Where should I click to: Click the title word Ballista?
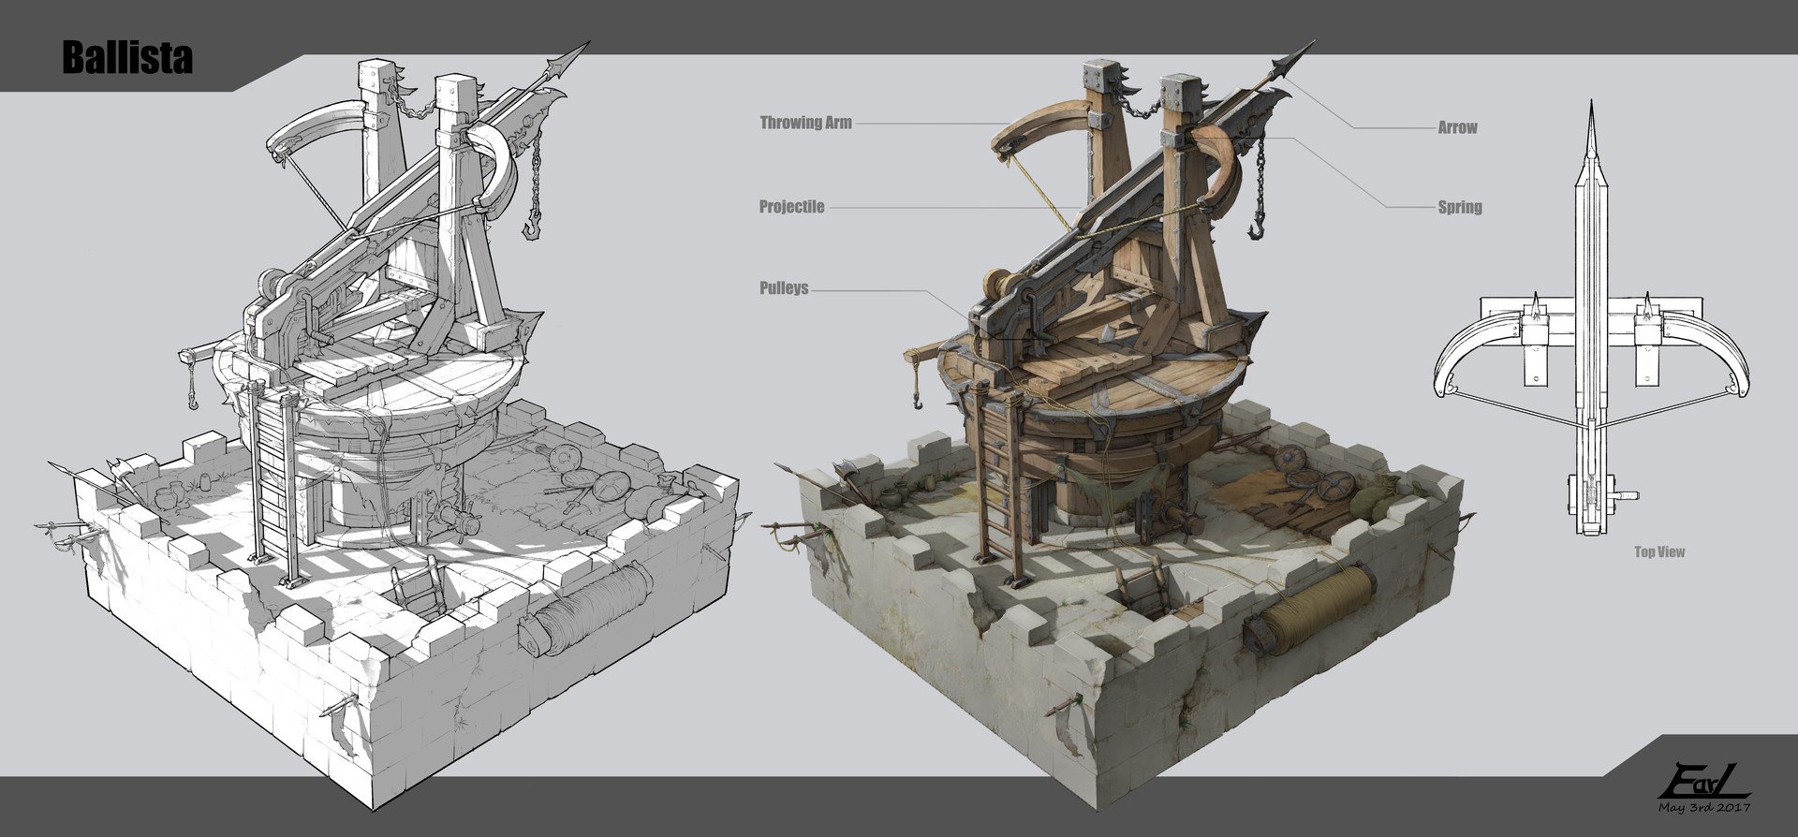click(x=127, y=58)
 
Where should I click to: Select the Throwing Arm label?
click(x=805, y=123)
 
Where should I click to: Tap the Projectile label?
click(x=791, y=207)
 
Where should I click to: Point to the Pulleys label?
click(x=783, y=288)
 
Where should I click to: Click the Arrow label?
click(x=1457, y=127)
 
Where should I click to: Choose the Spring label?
click(x=1460, y=207)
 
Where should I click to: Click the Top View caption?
click(x=1659, y=552)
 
